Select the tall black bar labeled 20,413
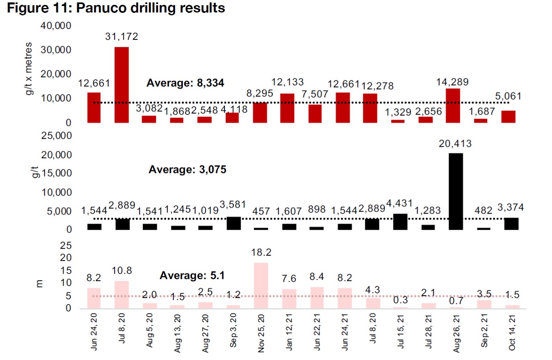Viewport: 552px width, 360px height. click(455, 191)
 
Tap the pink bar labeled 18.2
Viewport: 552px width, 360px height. click(261, 286)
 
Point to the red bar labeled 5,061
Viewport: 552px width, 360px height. click(508, 116)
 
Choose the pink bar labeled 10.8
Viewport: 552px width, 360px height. click(122, 294)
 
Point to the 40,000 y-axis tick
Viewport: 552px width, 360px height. click(56, 26)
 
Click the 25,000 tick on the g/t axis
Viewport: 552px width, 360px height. click(56, 136)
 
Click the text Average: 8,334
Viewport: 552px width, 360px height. click(185, 83)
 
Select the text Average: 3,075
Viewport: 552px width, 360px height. click(187, 169)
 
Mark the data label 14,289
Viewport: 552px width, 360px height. click(455, 81)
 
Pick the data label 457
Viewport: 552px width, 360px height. click(261, 211)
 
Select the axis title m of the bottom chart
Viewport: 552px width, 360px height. click(39, 283)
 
